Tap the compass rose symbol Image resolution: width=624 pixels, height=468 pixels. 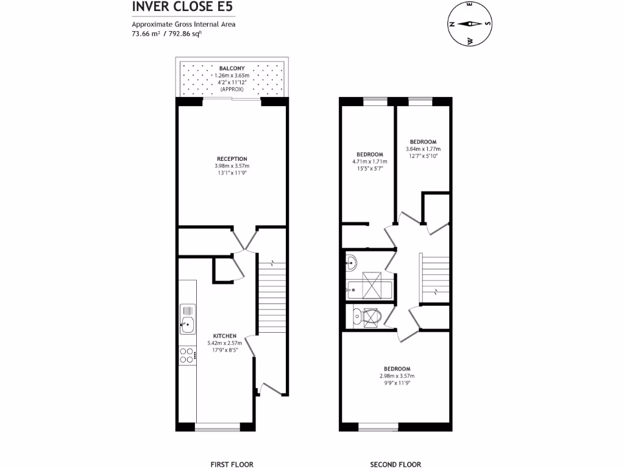[x=470, y=24]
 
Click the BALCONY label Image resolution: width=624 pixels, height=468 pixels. [x=232, y=68]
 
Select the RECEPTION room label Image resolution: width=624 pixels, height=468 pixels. [x=232, y=159]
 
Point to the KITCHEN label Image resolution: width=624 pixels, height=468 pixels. [x=224, y=336]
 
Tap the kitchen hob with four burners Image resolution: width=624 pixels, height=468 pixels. [x=188, y=355]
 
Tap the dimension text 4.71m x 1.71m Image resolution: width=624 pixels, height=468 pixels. [x=369, y=161]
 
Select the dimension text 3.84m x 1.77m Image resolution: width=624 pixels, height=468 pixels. [x=423, y=149]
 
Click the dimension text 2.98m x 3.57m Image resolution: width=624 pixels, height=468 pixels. [x=397, y=376]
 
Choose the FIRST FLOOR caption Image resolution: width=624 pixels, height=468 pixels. [x=232, y=464]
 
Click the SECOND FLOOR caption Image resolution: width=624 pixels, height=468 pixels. [x=395, y=464]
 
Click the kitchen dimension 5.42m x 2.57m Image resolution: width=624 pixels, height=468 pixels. [x=224, y=343]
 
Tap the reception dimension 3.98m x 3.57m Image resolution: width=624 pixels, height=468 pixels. [x=232, y=166]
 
